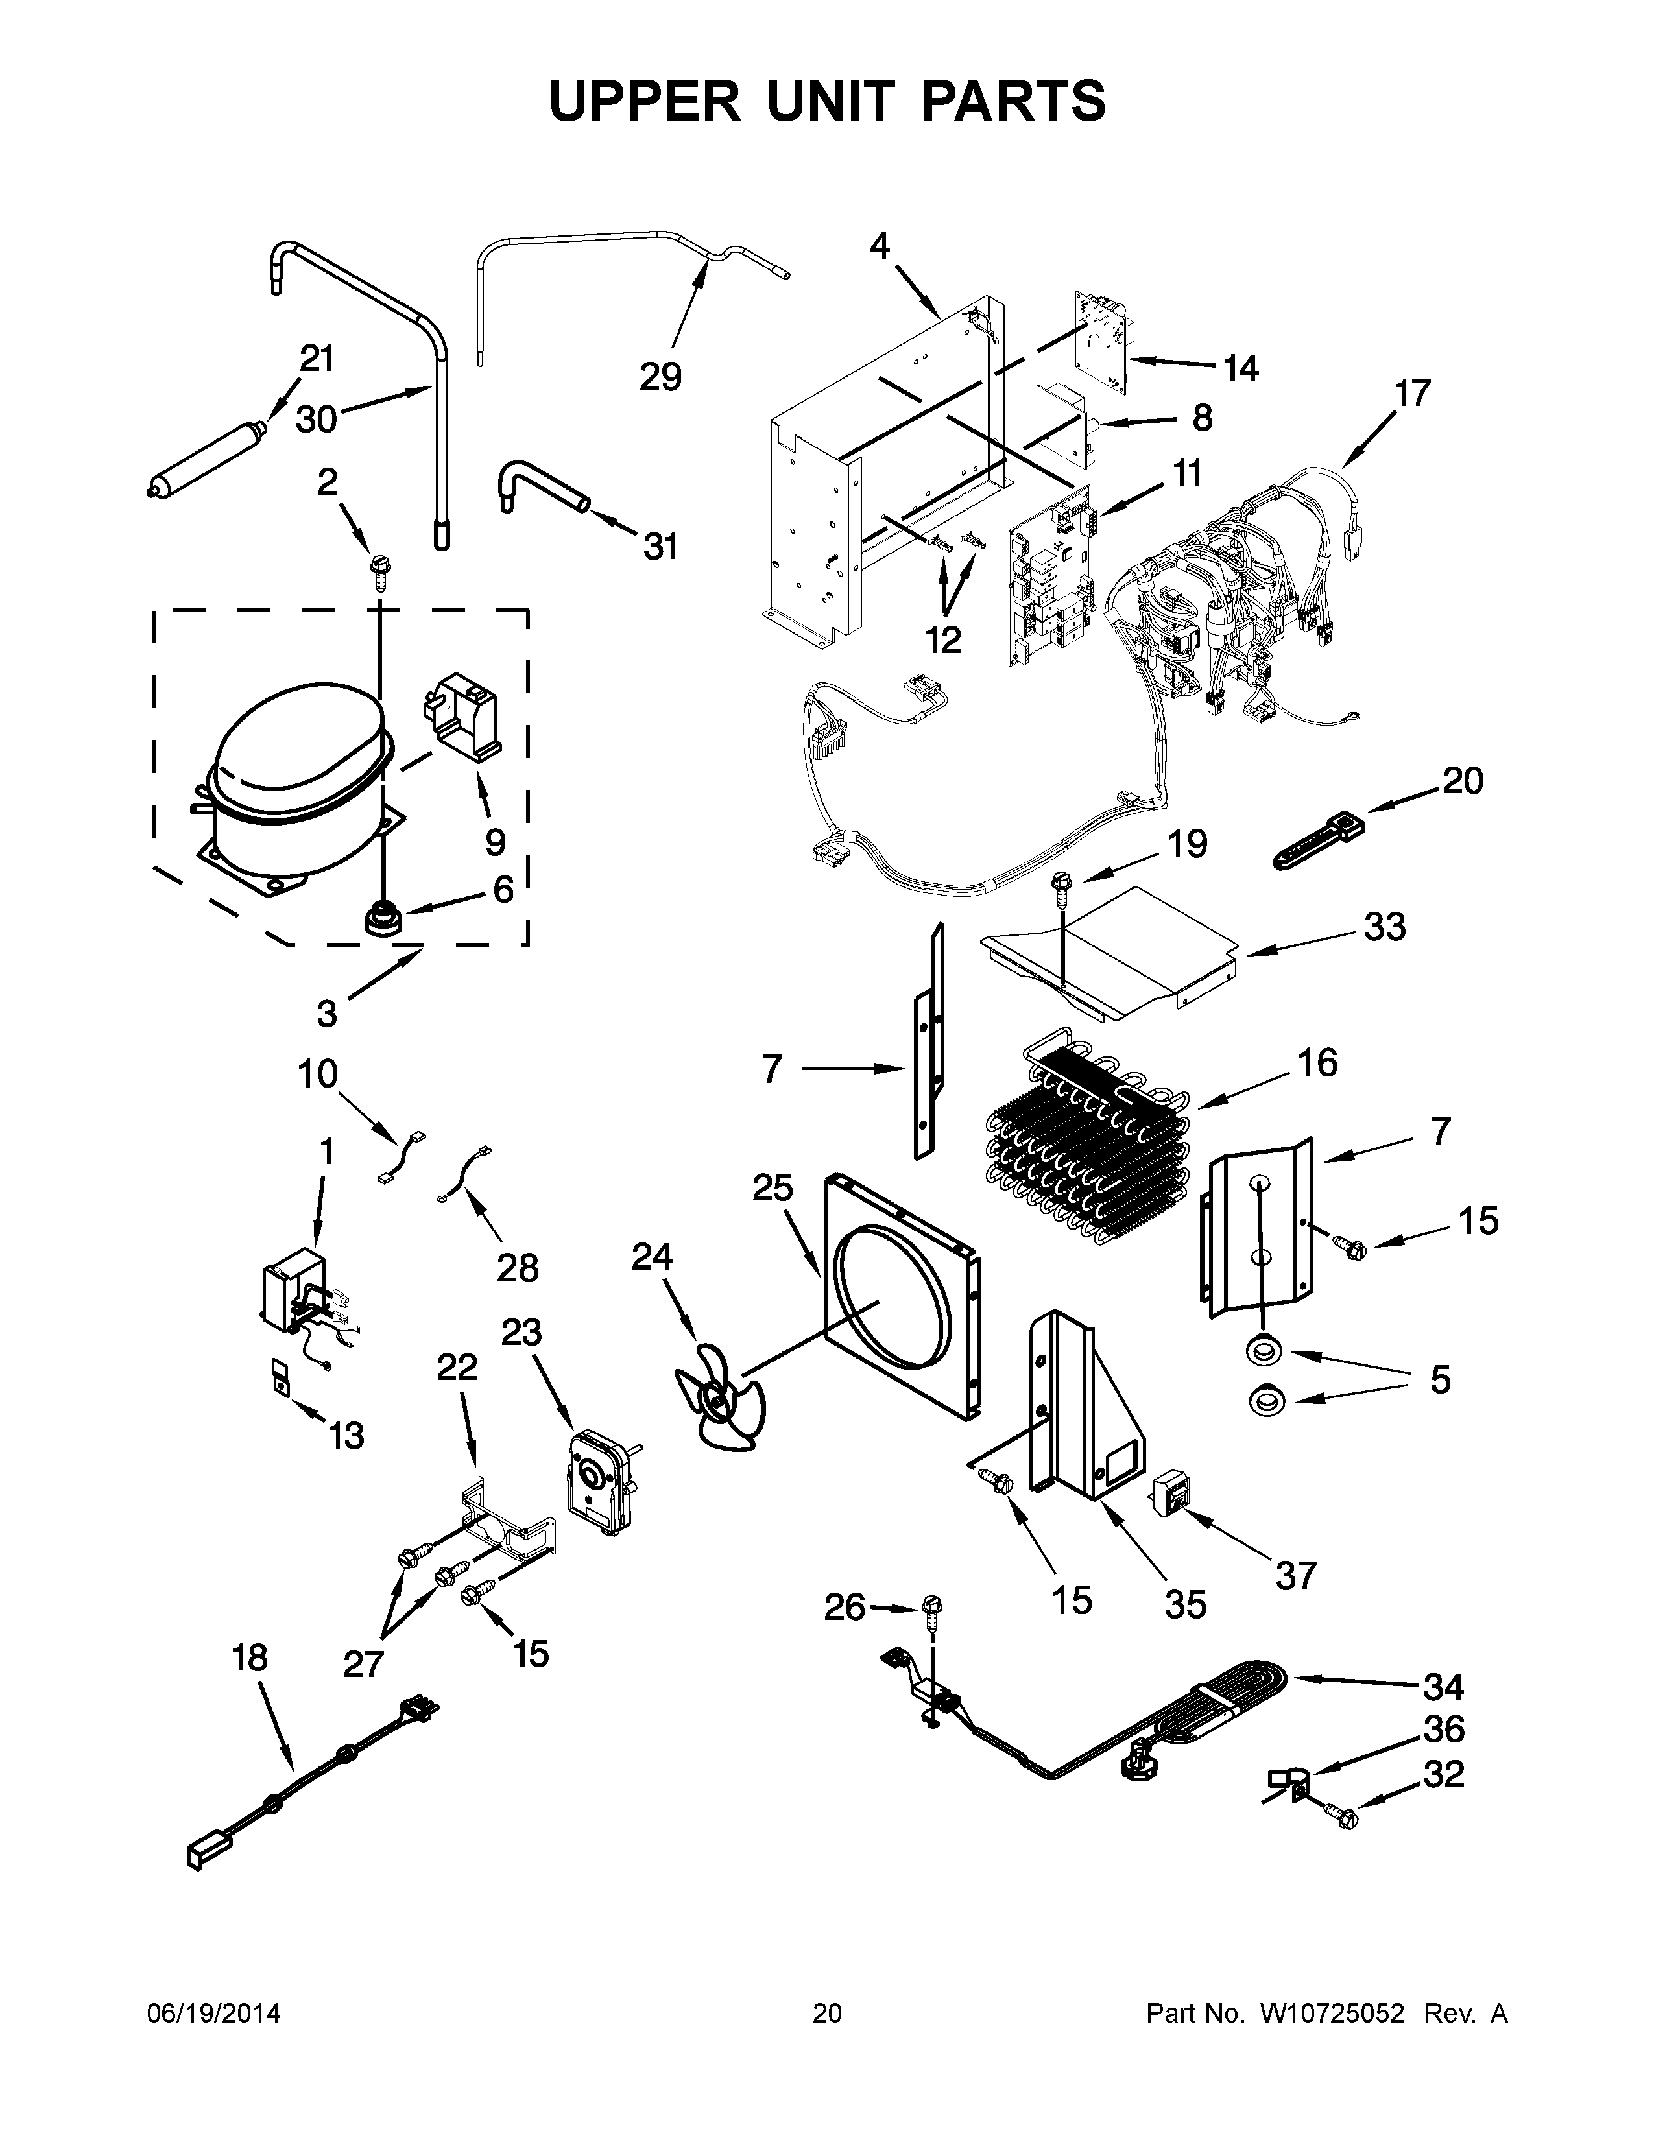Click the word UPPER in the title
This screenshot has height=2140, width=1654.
644,101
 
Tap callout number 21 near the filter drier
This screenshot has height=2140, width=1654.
317,360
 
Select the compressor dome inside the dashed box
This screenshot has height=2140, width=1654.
299,735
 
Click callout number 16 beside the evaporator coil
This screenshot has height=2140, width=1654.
1319,1063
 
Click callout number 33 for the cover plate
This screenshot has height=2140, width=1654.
1385,927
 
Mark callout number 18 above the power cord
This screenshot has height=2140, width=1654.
250,1659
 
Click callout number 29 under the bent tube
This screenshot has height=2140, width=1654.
660,376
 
